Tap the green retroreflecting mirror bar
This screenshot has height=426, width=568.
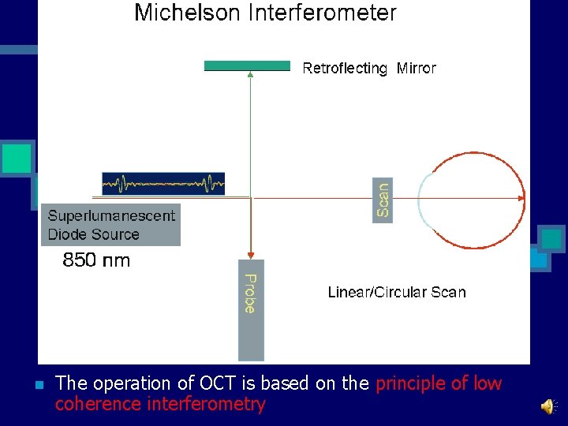point(247,65)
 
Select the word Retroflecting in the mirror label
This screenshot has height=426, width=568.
point(345,69)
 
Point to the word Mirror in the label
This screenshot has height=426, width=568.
point(416,69)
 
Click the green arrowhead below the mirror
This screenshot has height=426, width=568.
point(250,76)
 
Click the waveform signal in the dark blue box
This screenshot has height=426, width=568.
point(163,184)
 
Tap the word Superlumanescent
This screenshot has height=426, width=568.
point(111,215)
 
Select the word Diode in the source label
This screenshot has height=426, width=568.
point(66,234)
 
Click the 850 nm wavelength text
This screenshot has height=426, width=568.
point(96,260)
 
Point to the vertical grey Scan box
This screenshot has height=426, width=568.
point(383,199)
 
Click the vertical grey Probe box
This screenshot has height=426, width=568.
point(251,309)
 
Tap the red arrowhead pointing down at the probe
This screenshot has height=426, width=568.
point(250,254)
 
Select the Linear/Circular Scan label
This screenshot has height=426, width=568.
point(397,293)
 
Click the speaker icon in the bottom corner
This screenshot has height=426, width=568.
point(547,405)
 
